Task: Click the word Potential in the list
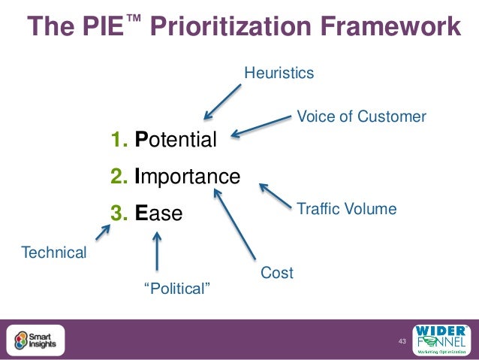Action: click(176, 140)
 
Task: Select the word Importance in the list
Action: click(187, 177)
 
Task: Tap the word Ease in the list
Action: click(158, 213)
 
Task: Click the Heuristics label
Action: click(279, 73)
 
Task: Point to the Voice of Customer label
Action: click(362, 117)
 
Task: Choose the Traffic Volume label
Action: click(347, 209)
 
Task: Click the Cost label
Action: click(276, 273)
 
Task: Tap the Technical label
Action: click(54, 253)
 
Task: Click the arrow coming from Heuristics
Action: click(223, 101)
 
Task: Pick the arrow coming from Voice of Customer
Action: click(261, 126)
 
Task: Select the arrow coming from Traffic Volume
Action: click(276, 195)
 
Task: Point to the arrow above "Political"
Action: click(157, 251)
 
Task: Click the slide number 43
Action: click(402, 342)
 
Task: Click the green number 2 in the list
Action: click(118, 177)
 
